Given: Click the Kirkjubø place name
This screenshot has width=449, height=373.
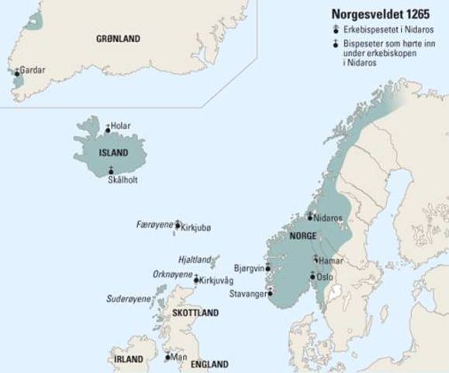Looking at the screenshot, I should (x=195, y=228).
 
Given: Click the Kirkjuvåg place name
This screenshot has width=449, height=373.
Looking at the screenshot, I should (x=219, y=279).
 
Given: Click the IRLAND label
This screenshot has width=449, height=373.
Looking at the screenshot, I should (x=128, y=360).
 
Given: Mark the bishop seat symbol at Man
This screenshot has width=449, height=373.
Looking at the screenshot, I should (x=168, y=357).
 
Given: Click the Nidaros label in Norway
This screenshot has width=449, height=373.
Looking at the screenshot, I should (x=329, y=218).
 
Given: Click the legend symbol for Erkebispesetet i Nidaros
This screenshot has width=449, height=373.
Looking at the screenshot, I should (x=331, y=29).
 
